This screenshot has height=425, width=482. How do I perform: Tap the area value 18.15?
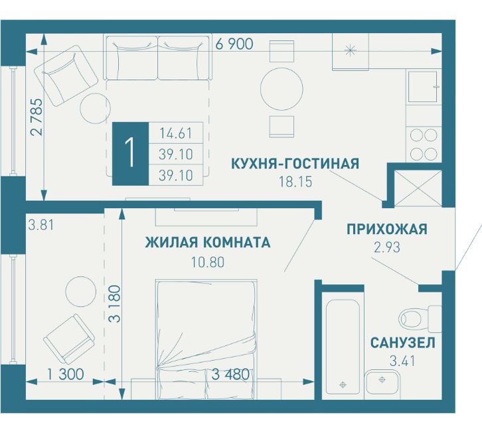coord(295,180)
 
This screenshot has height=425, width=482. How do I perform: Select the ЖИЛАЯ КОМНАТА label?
coord(208,243)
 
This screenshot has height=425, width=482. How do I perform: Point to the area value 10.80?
coord(207,261)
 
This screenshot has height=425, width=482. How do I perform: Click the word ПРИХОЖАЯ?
coord(386,229)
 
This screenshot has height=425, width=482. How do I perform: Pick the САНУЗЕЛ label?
coord(403,343)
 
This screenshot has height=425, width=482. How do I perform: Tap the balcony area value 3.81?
coord(40,224)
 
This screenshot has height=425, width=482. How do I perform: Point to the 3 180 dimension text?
coord(116,303)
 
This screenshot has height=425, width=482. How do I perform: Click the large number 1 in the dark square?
coord(130,154)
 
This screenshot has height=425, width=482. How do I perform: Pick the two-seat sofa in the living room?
coord(157,58)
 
